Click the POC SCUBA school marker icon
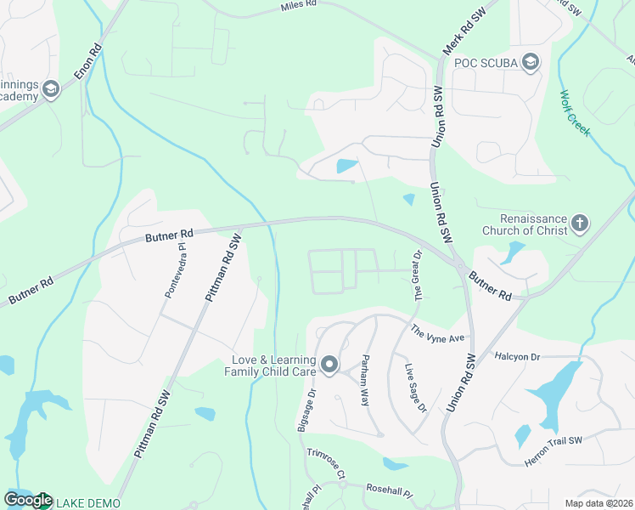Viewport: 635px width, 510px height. [x=531, y=61]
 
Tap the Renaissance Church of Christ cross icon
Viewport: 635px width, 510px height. [x=579, y=224]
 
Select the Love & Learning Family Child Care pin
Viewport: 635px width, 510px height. [x=329, y=365]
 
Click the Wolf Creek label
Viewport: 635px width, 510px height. [x=575, y=110]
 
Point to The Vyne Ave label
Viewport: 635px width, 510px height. [x=438, y=333]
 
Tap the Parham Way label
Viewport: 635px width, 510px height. [x=367, y=379]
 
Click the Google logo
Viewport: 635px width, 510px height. [x=28, y=501]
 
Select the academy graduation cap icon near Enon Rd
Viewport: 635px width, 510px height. [x=51, y=89]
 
